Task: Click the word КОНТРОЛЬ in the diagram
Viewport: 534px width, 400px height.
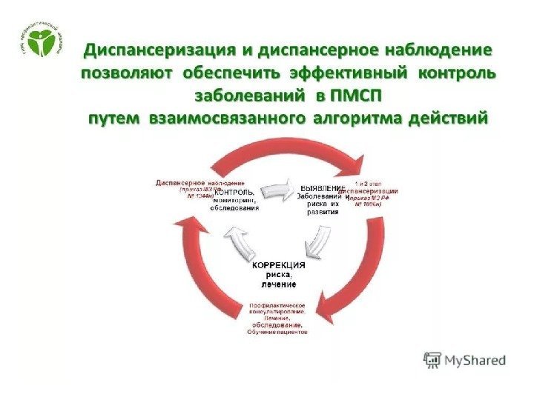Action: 235,191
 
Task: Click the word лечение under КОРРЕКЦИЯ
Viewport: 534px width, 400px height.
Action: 278,284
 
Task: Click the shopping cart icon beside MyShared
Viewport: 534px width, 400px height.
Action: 432,359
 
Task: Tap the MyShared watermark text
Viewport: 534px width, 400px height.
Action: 475,360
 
